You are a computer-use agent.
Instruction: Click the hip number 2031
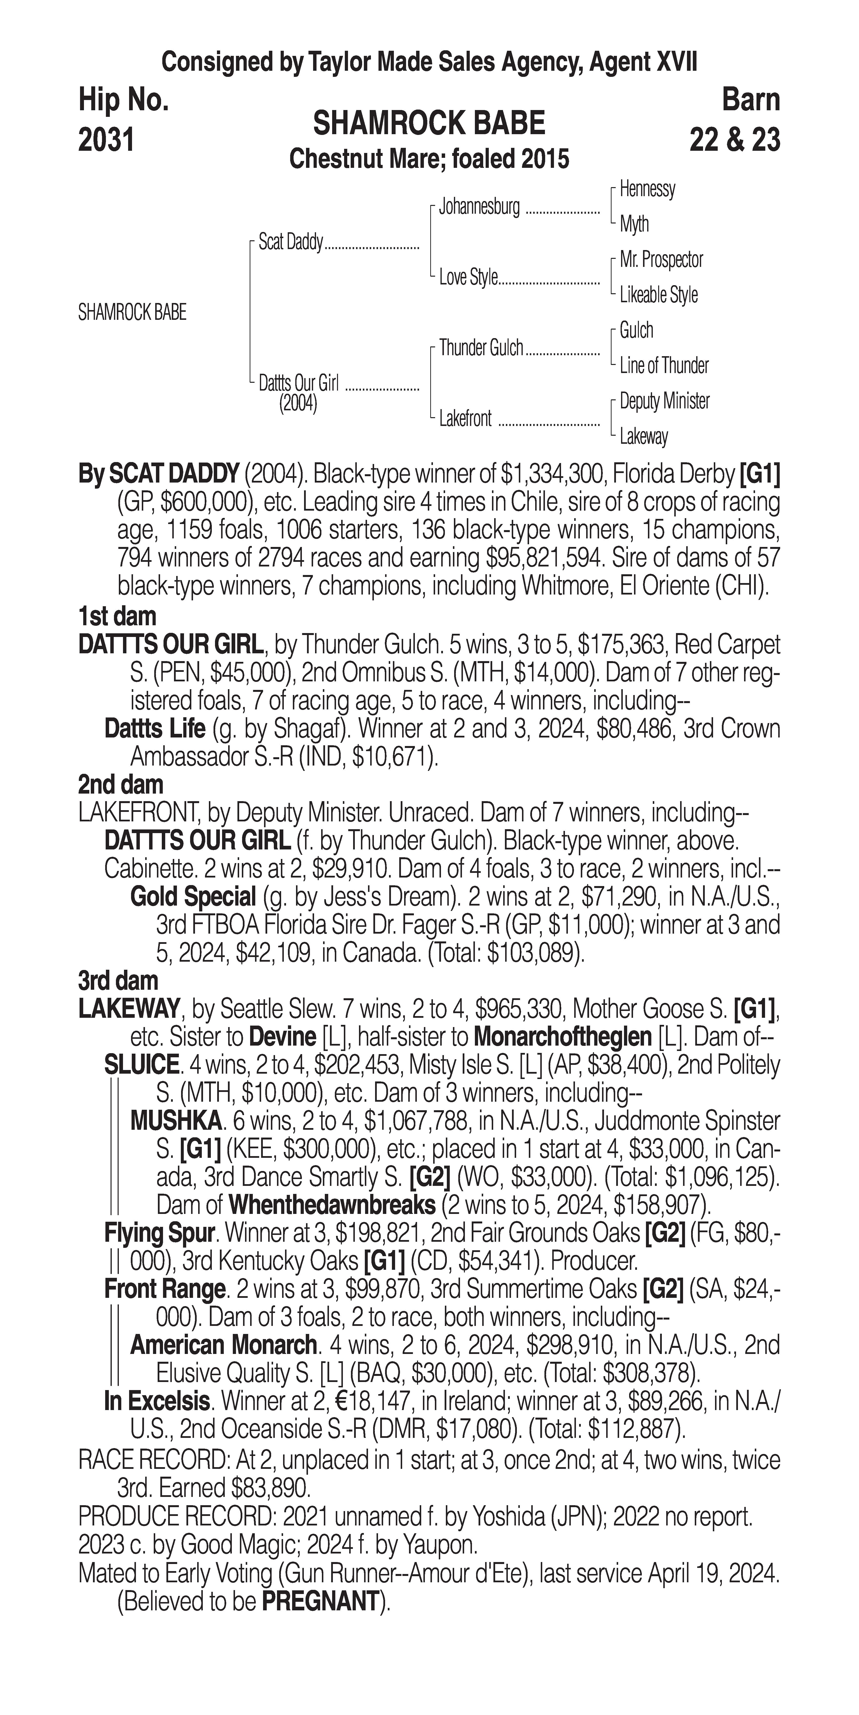[107, 141]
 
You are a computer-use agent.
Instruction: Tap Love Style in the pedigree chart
[468, 278]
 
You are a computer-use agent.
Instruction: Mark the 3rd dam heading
[119, 981]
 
